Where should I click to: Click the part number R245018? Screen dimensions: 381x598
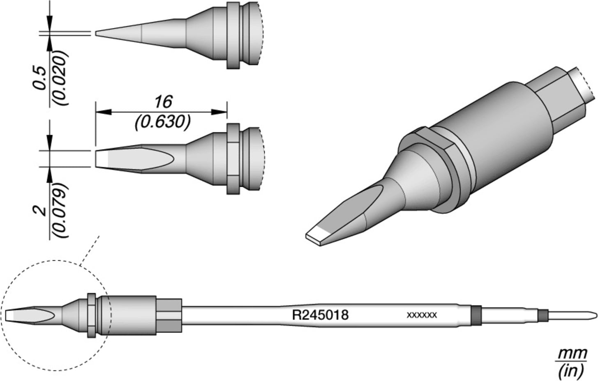(x=320, y=315)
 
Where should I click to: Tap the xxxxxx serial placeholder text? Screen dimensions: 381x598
(x=421, y=315)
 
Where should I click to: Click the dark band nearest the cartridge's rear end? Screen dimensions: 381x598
(x=543, y=315)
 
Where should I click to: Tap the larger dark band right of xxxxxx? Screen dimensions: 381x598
(x=476, y=315)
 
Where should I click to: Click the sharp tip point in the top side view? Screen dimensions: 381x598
(x=97, y=33)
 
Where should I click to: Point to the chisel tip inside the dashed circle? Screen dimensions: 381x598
(x=25, y=315)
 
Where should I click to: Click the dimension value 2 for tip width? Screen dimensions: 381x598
(x=40, y=211)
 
